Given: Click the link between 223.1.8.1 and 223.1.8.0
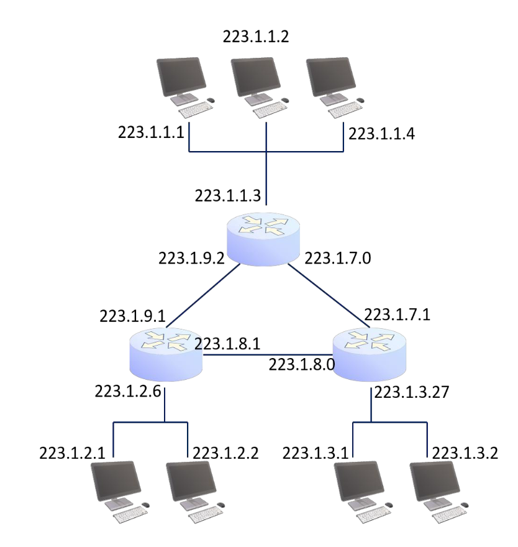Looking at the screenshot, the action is coord(267,356).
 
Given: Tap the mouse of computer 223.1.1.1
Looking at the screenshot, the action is coord(211,100).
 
